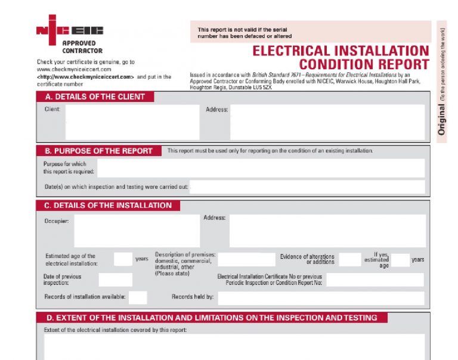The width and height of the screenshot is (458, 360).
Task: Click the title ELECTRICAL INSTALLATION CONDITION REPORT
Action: pos(341,58)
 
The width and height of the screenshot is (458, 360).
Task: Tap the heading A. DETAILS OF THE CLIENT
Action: pos(95,97)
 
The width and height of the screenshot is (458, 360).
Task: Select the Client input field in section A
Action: pos(132,122)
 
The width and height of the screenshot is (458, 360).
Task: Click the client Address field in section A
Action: pos(327,122)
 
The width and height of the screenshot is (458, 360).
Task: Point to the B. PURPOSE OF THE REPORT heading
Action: pos(98,151)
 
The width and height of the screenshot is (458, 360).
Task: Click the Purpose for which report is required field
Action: pos(261,168)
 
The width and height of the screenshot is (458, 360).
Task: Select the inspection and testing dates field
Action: pos(307,187)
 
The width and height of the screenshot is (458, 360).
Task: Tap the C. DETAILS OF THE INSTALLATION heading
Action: pos(108,206)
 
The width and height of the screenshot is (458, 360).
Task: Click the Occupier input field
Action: pos(137,231)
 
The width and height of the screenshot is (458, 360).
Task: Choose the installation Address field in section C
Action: pos(327,231)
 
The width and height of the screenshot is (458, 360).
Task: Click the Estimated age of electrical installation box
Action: pos(123,259)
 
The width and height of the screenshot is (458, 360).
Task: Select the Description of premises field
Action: pos(246,259)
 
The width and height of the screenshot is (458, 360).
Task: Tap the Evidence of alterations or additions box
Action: pos(350,259)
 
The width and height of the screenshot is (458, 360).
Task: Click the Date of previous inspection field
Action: pos(115,280)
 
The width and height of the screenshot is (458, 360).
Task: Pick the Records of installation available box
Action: pos(138,297)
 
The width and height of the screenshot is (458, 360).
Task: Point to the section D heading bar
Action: pos(212,318)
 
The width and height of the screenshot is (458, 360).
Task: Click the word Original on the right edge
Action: pos(442,119)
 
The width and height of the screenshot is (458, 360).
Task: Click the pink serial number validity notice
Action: pos(310,32)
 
